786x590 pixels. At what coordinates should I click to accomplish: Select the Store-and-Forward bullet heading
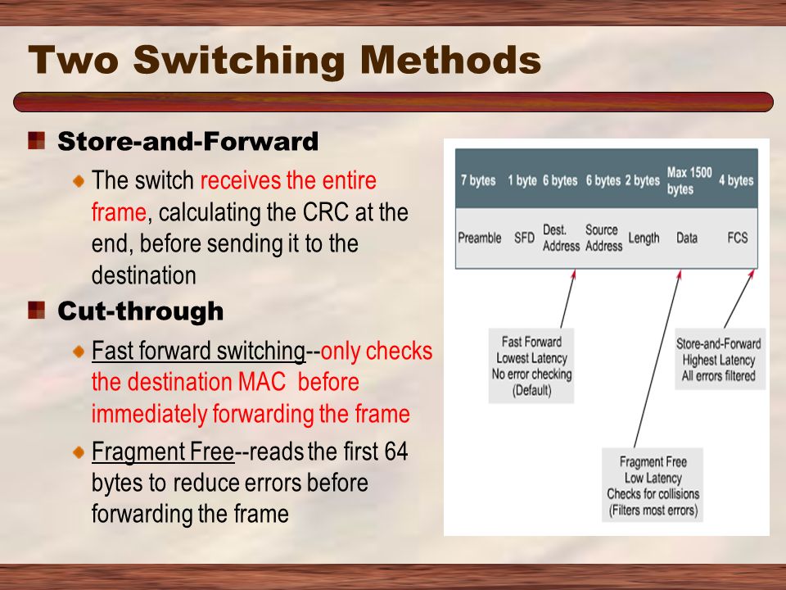coord(187,143)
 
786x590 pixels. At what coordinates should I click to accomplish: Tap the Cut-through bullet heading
coord(140,311)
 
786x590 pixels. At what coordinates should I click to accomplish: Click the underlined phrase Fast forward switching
coord(198,352)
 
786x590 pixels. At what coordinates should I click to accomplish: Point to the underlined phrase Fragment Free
coord(163,453)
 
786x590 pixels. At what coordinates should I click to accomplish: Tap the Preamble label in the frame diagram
coord(480,238)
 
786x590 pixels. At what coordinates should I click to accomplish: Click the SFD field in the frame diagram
coord(523,238)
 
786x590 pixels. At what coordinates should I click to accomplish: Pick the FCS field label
coord(737,238)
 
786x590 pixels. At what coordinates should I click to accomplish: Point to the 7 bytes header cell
coord(478,180)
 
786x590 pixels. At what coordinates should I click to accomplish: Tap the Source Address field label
coord(603,238)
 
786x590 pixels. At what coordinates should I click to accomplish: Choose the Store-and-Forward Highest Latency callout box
coord(720,361)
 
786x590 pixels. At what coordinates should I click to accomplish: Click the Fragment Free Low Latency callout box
coord(652,487)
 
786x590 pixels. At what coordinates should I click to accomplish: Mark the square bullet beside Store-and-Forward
coord(36,142)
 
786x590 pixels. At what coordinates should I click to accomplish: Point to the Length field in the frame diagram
coord(644,238)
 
